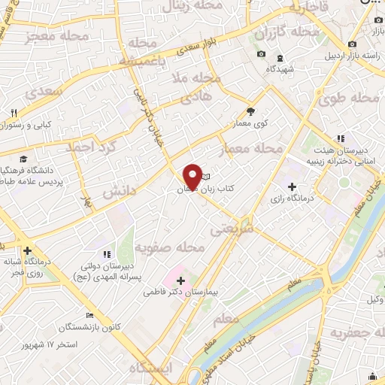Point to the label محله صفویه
click(x=169, y=247)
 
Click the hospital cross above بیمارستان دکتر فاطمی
click(x=180, y=280)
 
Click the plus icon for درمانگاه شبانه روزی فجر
click(x=27, y=250)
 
